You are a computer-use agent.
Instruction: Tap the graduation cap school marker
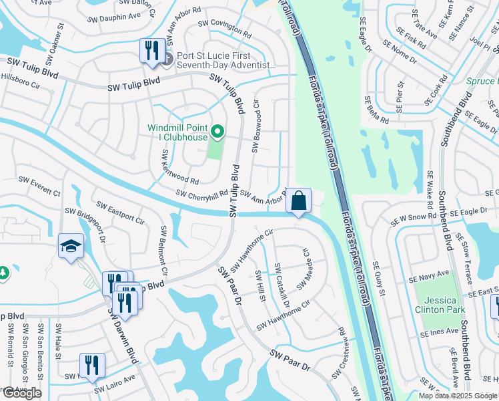point(71,246)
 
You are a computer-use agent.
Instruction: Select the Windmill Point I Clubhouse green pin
point(217,130)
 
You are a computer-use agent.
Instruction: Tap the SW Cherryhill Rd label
point(202,192)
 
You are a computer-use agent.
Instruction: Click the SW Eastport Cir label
point(120,212)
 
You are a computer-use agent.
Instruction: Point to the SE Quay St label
point(380,277)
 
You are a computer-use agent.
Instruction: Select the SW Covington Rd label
point(224,29)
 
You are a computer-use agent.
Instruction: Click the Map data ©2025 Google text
point(457,395)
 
